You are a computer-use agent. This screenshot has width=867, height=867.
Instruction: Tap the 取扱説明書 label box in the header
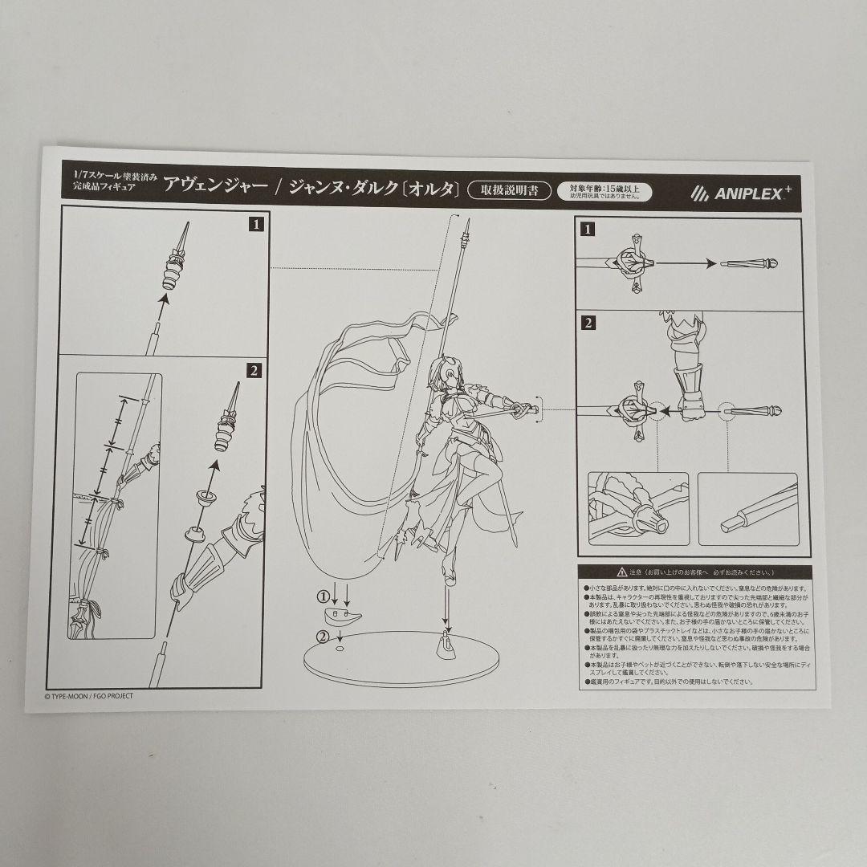(509, 190)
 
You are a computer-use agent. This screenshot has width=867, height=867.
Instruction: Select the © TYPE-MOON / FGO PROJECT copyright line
(89, 696)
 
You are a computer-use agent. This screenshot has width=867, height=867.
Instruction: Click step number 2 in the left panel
(254, 370)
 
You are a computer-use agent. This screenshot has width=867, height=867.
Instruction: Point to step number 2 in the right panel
(589, 324)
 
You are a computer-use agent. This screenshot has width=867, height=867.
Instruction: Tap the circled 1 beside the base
(322, 596)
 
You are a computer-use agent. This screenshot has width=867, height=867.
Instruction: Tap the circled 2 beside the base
(322, 636)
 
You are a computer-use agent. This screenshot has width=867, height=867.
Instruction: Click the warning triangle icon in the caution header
(621, 572)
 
